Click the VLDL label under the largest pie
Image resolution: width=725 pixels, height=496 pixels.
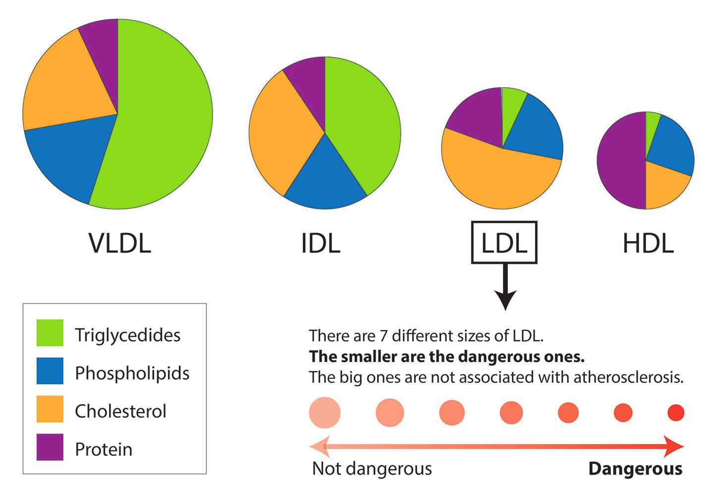click(119, 244)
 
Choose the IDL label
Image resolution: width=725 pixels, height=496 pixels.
click(321, 244)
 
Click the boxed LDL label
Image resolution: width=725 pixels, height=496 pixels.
click(504, 243)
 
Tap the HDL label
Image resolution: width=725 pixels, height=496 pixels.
click(648, 244)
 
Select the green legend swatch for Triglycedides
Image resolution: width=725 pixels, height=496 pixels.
click(50, 333)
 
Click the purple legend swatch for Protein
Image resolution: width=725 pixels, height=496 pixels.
click(50, 447)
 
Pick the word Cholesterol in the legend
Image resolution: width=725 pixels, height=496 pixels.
click(120, 411)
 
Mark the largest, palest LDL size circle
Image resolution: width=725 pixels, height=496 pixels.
click(325, 413)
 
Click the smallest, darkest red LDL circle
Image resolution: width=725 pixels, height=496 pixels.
click(675, 413)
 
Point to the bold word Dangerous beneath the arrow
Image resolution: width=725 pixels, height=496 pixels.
click(635, 469)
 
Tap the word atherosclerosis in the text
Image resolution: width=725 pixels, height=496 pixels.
click(628, 377)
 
